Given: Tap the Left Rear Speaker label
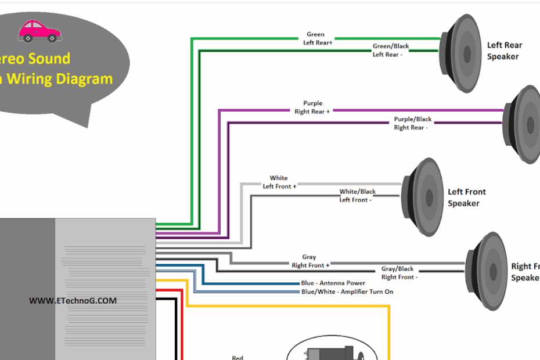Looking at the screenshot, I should tap(503, 51).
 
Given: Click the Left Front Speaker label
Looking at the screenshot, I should tap(466, 197).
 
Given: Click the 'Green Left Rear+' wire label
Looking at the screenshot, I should tap(317, 38).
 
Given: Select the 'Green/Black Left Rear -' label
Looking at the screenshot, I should tap(390, 51).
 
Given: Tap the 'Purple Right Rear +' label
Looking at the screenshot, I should tap(312, 107).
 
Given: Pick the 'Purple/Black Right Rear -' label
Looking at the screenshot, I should tap(412, 123).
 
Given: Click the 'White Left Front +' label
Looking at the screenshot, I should tap(279, 182).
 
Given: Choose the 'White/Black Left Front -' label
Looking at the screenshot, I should tap(357, 196).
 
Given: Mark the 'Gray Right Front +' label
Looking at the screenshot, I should tap(310, 261).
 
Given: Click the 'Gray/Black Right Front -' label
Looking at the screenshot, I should tap(398, 273).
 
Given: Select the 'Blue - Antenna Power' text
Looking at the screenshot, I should tap(333, 283).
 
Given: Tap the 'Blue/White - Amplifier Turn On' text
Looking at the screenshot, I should tap(347, 291).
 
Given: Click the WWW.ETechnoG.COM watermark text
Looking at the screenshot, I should tap(73, 301).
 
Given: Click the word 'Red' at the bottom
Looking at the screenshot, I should tap(237, 357).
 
